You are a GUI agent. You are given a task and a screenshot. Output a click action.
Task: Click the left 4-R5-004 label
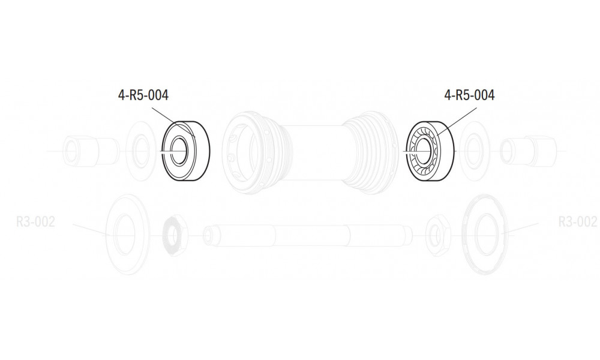tap(143, 95)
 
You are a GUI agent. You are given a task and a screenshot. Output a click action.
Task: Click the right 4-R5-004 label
tap(470, 95)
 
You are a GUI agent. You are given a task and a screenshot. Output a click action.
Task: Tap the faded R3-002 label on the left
tap(35, 221)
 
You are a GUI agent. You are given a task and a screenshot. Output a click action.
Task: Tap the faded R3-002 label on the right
tap(577, 221)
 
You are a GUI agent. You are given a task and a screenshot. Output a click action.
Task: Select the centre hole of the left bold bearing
tap(179, 151)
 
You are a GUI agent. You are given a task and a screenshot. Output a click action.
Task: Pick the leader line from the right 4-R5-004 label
tap(457, 122)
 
